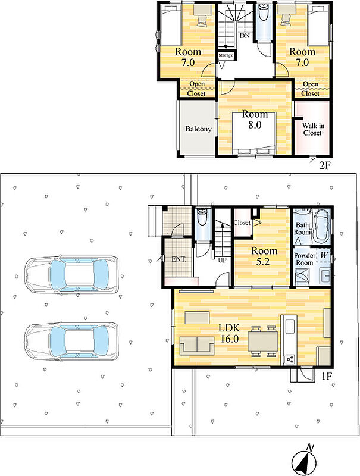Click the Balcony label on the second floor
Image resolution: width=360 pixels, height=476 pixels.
[198, 129]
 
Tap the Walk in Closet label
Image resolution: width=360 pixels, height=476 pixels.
[312, 129]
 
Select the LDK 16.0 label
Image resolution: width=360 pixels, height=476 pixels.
[230, 333]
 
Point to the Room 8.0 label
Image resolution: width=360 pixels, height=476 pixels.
[255, 120]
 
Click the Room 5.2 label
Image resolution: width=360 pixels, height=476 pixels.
[264, 256]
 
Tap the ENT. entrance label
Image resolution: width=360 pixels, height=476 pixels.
[179, 259]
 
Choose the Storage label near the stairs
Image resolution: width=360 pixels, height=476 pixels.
[226, 55]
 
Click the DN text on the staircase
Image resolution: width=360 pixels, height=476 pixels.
[245, 36]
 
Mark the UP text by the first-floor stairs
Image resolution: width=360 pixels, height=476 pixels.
[222, 260]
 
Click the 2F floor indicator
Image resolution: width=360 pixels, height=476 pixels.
[324, 165]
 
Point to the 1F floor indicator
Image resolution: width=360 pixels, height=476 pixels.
[327, 377]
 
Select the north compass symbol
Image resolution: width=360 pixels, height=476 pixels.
[304, 460]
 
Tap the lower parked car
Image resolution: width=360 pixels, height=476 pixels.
[71, 342]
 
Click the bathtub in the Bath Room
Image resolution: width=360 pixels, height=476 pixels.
[321, 226]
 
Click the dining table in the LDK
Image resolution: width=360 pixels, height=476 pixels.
[263, 340]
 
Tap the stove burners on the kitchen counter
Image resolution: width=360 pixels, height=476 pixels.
[290, 359]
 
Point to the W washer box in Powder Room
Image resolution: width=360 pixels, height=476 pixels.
[324, 256]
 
